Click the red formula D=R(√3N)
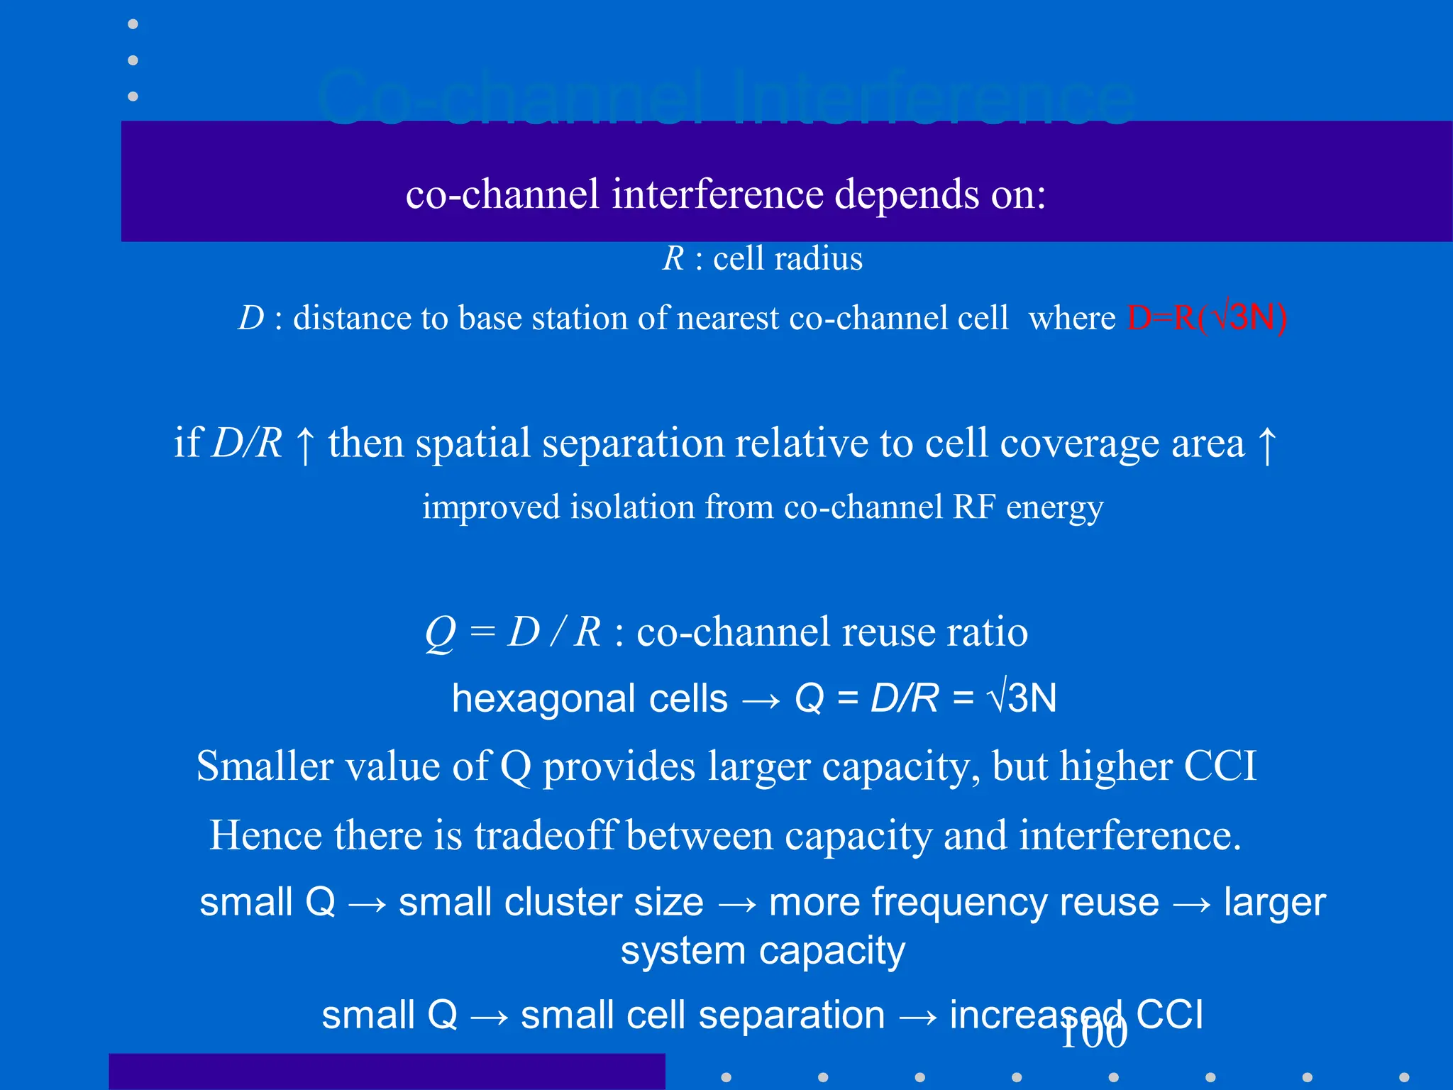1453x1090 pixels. pos(1207,317)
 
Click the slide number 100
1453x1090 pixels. pos(1093,1034)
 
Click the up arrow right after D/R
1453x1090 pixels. pos(304,445)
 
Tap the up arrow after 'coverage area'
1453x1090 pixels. pos(1266,445)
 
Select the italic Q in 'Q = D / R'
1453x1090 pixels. pos(441,632)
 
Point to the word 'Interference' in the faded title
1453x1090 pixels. pos(932,97)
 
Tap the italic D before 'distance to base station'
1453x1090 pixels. pos(251,318)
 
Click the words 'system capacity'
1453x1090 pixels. pos(763,950)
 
